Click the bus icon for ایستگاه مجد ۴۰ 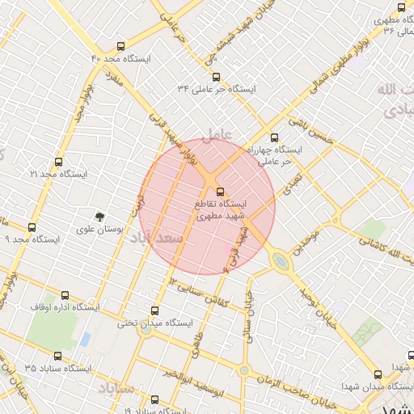120,46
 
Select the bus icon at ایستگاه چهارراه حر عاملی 274,137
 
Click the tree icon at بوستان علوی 99,216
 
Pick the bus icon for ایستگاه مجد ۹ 32,227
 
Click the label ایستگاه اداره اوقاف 65,307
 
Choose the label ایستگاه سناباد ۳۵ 58,368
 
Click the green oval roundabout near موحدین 281,261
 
